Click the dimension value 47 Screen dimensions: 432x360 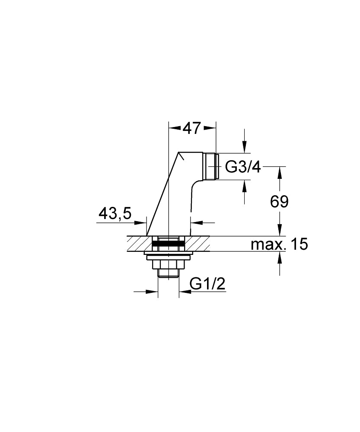pyautogui.click(x=191, y=128)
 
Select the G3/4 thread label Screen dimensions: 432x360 pyautogui.click(x=243, y=167)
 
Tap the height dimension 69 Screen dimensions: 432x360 pyautogui.click(x=279, y=201)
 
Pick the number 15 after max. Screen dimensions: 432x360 pyautogui.click(x=299, y=245)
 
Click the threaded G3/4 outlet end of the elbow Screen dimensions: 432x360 pyautogui.click(x=211, y=166)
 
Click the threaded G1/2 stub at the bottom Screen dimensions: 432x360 pyautogui.click(x=169, y=273)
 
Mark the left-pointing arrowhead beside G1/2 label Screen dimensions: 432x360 pyautogui.click(x=184, y=292)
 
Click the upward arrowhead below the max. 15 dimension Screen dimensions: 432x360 pyautogui.click(x=279, y=258)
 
